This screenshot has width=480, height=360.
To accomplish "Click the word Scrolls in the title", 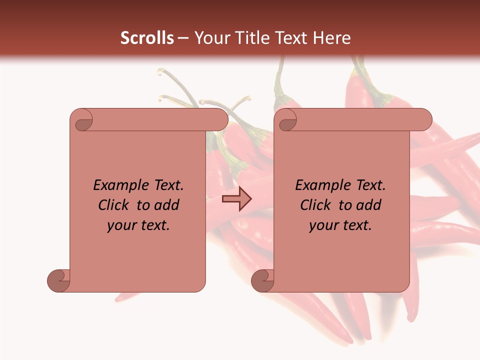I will coord(147,38).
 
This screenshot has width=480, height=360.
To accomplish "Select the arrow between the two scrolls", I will coord(236,199).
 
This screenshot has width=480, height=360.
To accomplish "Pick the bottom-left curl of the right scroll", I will coord(262,280).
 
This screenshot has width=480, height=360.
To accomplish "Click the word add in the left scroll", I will coord(166,205).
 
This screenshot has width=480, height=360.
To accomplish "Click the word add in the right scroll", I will coord(368,205).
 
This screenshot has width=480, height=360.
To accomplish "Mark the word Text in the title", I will coord(292,38).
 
